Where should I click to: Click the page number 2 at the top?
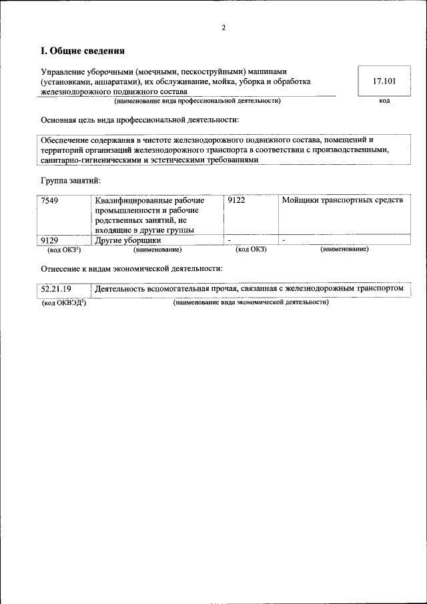pyautogui.click(x=224, y=28)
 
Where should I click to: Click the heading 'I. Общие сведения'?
pyautogui.click(x=83, y=51)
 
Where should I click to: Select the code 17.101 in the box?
pyautogui.click(x=384, y=81)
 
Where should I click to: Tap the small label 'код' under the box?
pyautogui.click(x=384, y=101)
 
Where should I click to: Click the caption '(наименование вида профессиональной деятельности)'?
pyautogui.click(x=197, y=101)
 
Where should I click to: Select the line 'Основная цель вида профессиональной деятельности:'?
pyautogui.click(x=139, y=120)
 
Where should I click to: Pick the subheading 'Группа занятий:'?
pyautogui.click(x=70, y=180)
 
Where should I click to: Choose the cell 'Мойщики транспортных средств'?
pyautogui.click(x=342, y=200)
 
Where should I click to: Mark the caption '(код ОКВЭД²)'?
pyautogui.click(x=64, y=302)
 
